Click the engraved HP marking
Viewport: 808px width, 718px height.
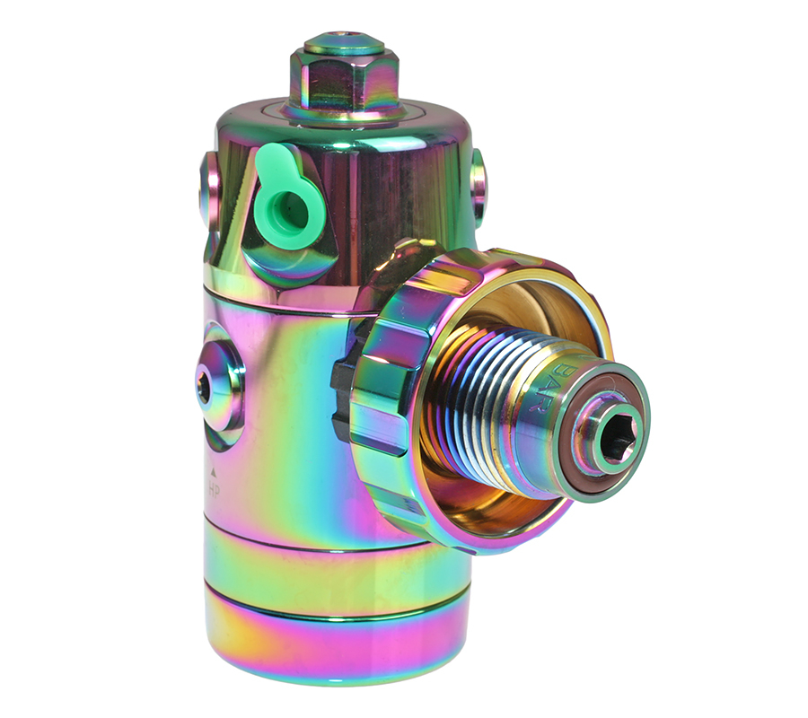(215, 489)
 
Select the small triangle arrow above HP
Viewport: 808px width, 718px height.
(214, 470)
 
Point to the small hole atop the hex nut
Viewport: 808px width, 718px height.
(344, 41)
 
